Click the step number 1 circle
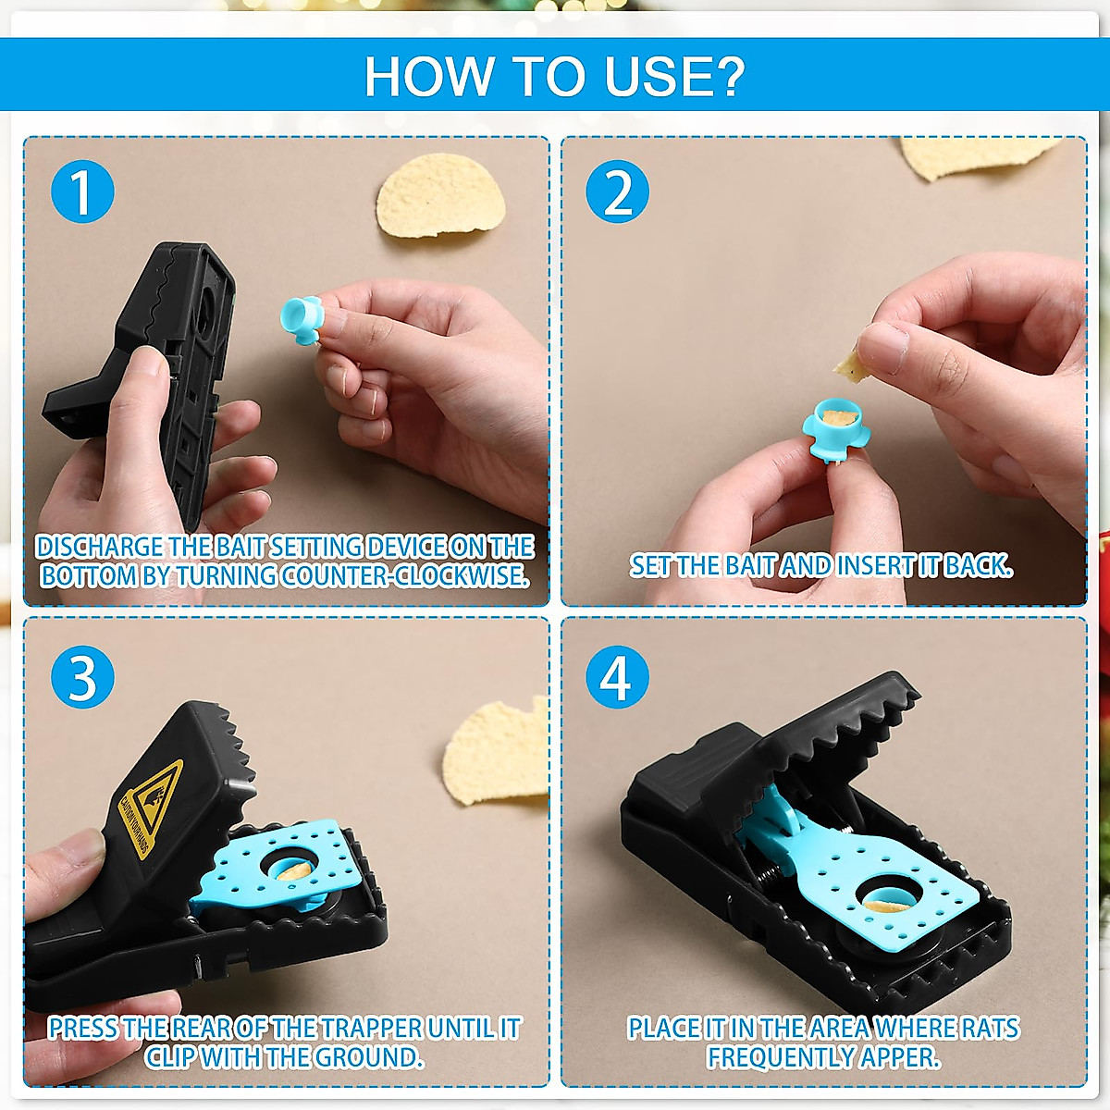point(82,191)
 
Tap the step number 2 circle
point(618,191)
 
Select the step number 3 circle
point(82,677)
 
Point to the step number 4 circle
point(618,677)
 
